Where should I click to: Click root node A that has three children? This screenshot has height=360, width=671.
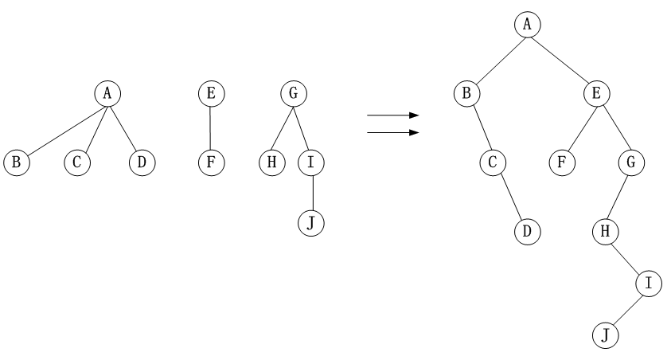pyautogui.click(x=107, y=93)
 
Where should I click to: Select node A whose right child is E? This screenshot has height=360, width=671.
pyautogui.click(x=526, y=25)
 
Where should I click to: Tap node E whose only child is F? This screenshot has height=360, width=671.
pyautogui.click(x=210, y=93)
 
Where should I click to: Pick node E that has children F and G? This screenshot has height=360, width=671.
pyautogui.click(x=595, y=93)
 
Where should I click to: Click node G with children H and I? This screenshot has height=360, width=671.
pyautogui.click(x=294, y=93)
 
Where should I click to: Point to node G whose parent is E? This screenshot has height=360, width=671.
pyautogui.click(x=630, y=162)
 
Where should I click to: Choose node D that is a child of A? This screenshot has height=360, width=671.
pyautogui.click(x=142, y=162)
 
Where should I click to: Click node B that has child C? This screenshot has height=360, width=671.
pyautogui.click(x=467, y=93)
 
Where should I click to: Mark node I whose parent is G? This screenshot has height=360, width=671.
pyautogui.click(x=311, y=162)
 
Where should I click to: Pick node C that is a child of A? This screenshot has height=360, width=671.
pyautogui.click(x=76, y=162)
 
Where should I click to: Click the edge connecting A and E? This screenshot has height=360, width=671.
pyautogui.click(x=560, y=59)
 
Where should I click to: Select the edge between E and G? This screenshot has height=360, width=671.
pyautogui.click(x=612, y=127)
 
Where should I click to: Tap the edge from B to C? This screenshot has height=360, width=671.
pyautogui.click(x=480, y=127)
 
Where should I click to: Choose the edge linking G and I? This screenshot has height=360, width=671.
pyautogui.click(x=302, y=127)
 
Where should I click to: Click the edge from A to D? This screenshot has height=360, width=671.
pyautogui.click(x=124, y=127)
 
